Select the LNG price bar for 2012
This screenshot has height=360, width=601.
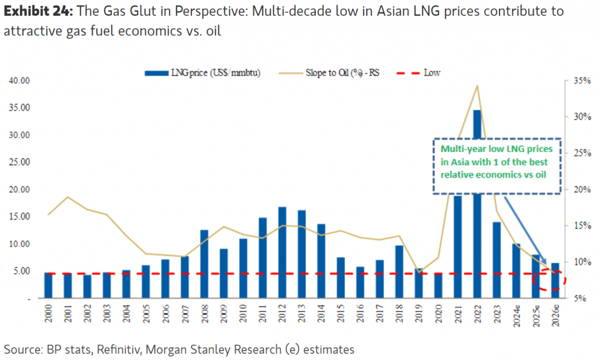[x=282, y=253]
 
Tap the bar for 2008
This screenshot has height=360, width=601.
[x=204, y=264]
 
